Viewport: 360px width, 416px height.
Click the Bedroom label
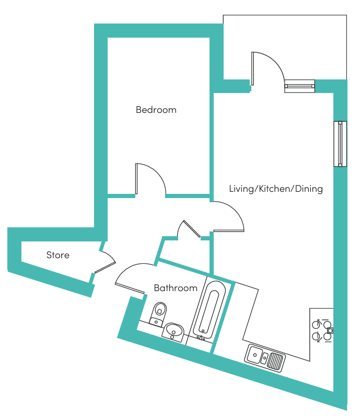pos(156,110)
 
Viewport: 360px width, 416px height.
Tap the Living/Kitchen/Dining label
pos(276,189)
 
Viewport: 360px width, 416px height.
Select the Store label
pos(58,255)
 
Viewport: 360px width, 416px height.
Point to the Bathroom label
pos(176,288)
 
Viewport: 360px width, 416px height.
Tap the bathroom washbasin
pos(173,332)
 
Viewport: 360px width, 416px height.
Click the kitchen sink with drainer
pos(265,358)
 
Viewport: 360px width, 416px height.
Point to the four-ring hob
pos(322,331)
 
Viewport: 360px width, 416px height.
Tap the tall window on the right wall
pos(340,144)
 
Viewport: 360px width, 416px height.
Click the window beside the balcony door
pos(299,86)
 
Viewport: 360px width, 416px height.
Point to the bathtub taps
pos(201,338)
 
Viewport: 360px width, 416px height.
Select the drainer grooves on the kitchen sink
pos(275,361)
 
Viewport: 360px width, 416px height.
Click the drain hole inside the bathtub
pos(203,331)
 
